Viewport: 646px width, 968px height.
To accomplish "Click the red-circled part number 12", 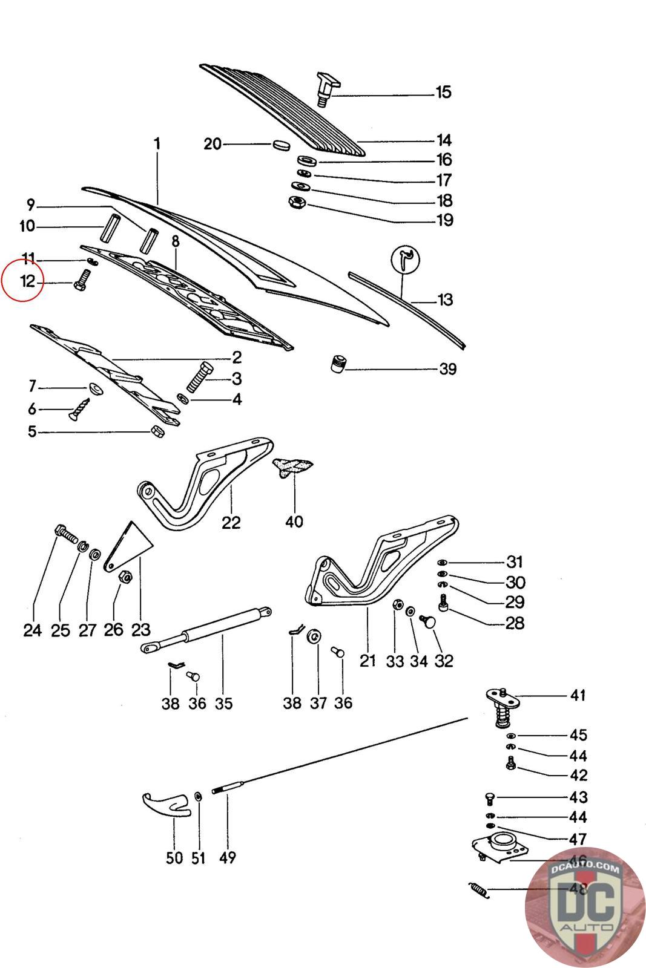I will tap(28, 281).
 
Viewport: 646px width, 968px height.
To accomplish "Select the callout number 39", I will tap(447, 369).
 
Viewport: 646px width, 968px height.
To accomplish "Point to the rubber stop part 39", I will tap(337, 365).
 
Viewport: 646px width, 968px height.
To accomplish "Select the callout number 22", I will tap(231, 522).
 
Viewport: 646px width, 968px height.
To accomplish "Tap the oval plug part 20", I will tap(280, 145).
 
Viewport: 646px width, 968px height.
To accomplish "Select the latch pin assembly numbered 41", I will tap(502, 704).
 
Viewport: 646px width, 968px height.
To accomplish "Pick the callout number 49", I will tap(228, 857).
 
